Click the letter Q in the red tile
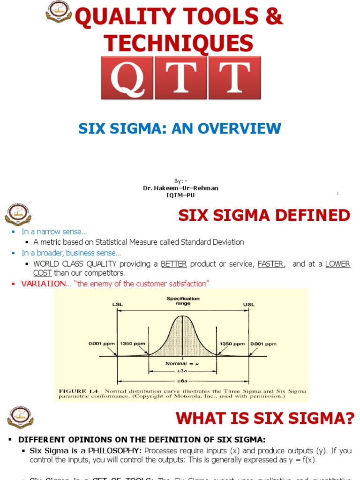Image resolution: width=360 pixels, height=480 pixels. pos(127,78)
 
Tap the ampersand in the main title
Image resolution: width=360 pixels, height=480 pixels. pos(274,17)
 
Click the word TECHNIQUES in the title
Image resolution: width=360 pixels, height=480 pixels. pos(179,44)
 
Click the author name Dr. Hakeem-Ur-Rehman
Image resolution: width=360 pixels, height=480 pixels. pos(180,188)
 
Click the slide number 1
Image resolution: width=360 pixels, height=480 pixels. pos(337,193)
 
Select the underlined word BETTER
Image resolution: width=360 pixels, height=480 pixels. pos(174,264)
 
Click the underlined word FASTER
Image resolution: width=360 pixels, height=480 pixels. pos(270,264)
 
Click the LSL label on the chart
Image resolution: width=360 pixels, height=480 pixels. pos(117,305)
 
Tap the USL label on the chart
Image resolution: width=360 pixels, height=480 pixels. pos(249,305)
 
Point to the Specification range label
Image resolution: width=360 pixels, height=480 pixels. pos(183,301)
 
